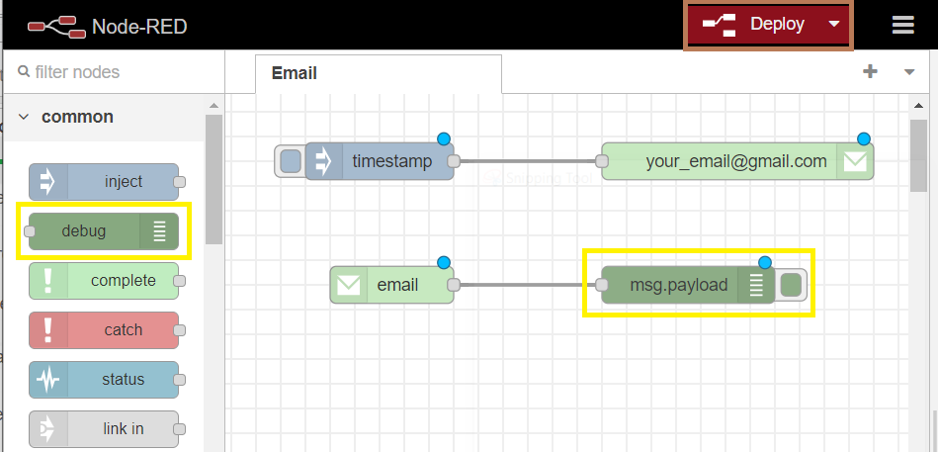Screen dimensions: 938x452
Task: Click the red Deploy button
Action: pos(768,25)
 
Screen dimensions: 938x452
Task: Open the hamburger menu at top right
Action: pos(902,25)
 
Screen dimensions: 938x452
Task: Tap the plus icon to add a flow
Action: pos(870,72)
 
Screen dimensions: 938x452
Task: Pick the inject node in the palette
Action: pos(104,182)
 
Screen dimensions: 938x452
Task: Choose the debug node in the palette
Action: pos(104,231)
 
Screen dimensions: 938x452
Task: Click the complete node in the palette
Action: pos(104,281)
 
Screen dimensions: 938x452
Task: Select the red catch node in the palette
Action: pos(104,330)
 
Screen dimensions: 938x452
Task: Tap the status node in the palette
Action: pos(104,380)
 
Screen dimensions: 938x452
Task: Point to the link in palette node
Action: pos(104,429)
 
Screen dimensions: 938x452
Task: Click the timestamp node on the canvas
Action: pos(380,161)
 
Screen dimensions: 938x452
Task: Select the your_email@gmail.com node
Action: pos(737,161)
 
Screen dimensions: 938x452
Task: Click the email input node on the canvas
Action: pos(391,285)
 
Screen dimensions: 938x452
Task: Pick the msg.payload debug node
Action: pos(688,285)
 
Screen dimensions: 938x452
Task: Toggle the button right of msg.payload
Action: pos(792,285)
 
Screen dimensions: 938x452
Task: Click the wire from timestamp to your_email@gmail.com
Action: pos(528,161)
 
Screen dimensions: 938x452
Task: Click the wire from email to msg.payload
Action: pos(528,285)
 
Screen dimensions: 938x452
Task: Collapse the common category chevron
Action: pos(24,117)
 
